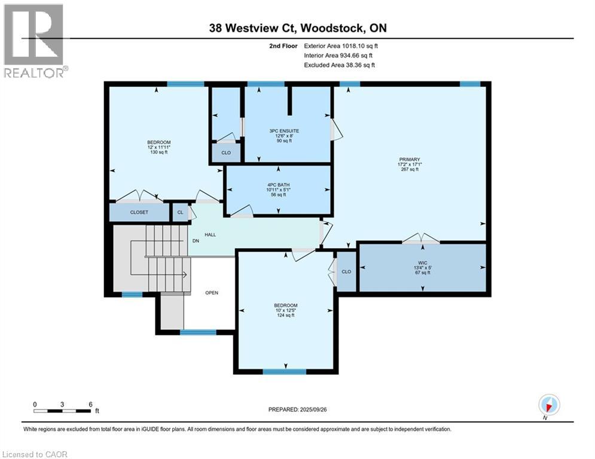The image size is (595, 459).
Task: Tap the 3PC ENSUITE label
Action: click(284, 130)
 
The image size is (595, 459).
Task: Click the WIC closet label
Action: click(422, 261)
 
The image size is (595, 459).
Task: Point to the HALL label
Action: click(210, 234)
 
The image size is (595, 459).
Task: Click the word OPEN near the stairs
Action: click(212, 293)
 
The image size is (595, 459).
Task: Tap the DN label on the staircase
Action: click(196, 241)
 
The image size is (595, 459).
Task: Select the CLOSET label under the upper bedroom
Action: click(139, 212)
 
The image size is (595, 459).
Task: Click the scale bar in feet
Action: click(62, 411)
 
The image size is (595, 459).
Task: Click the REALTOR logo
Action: click(35, 41)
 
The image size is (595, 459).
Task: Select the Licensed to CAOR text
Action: click(35, 454)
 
